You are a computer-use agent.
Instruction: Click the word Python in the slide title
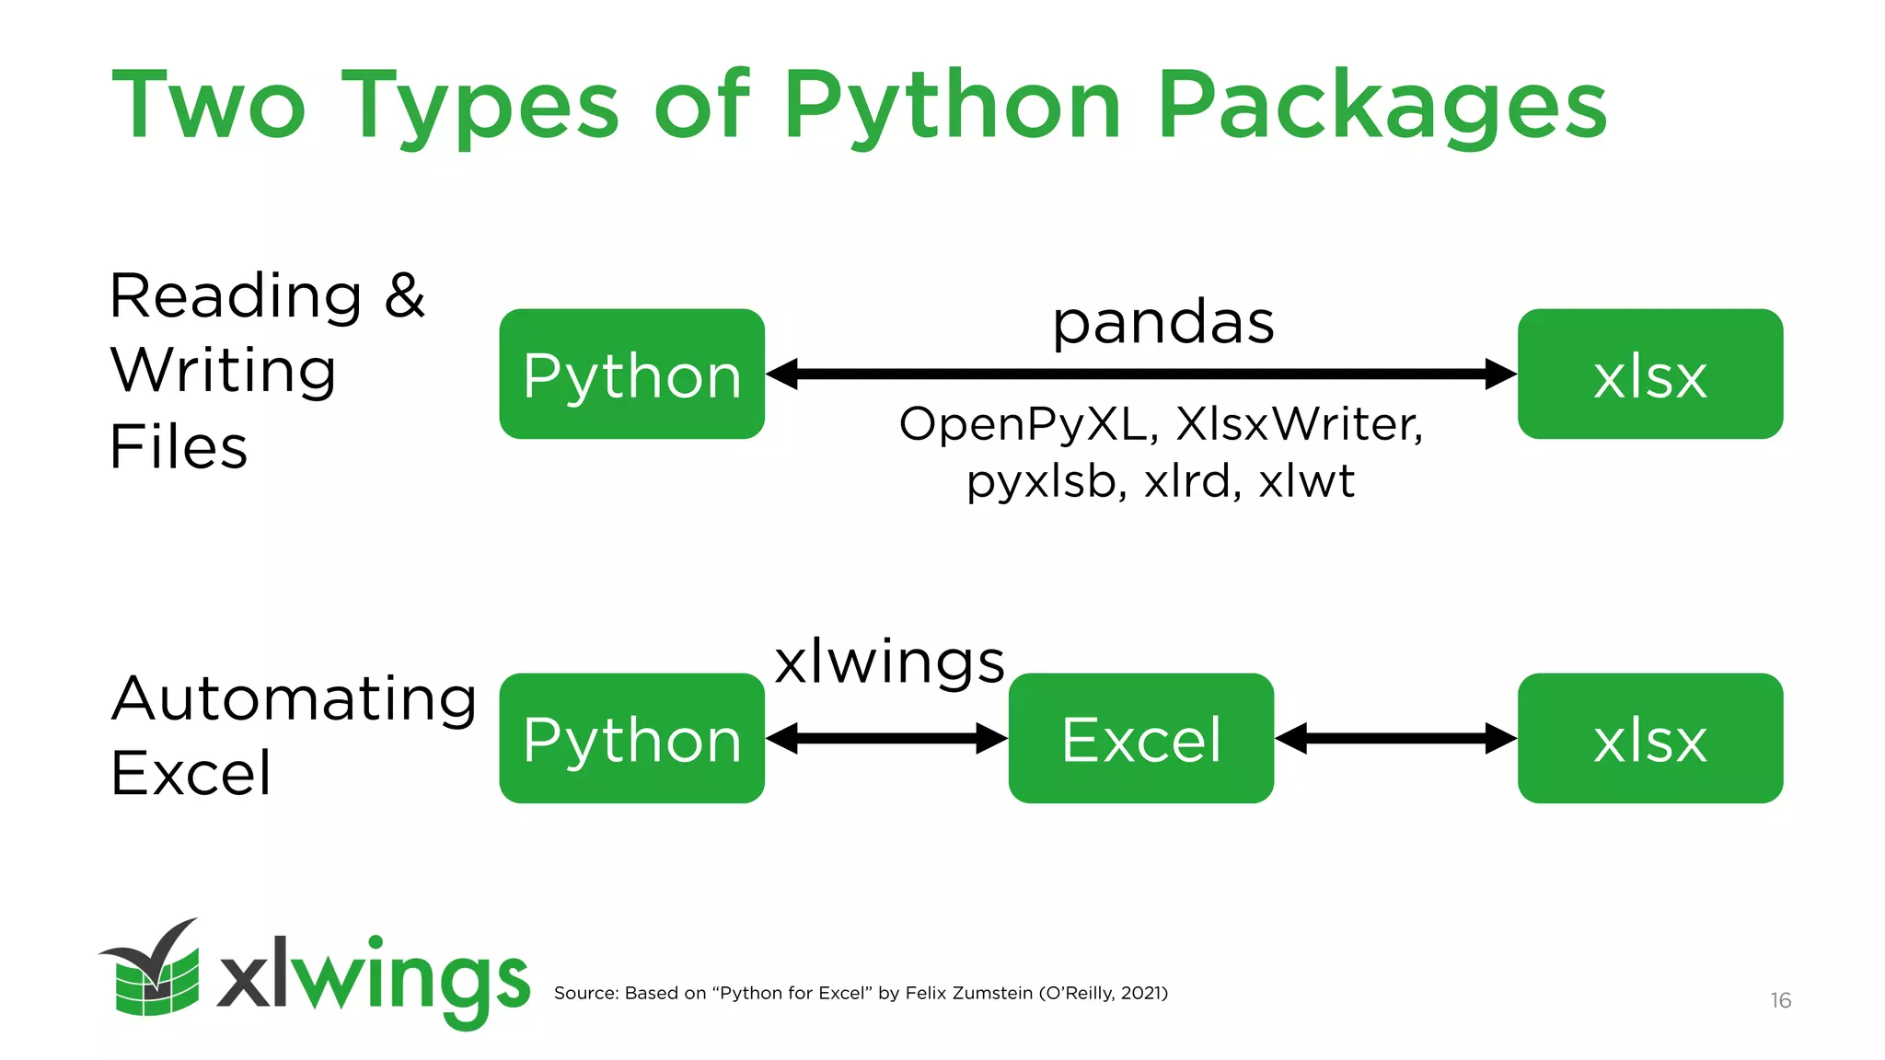tap(953, 106)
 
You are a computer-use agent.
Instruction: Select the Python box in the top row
tap(631, 374)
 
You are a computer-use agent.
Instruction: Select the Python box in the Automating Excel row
tap(631, 738)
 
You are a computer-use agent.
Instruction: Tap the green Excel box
tap(1140, 738)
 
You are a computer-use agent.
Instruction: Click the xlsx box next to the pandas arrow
tap(1649, 374)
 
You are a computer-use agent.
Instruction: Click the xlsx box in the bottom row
tap(1649, 738)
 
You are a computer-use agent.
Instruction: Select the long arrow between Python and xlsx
tap(1141, 374)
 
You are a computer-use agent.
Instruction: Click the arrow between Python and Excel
tap(886, 738)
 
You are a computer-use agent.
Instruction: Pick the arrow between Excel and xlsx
tap(1395, 738)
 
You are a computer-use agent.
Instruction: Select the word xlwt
tap(1306, 480)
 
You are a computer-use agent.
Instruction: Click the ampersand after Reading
tap(405, 295)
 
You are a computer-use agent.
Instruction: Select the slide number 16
tap(1780, 1000)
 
